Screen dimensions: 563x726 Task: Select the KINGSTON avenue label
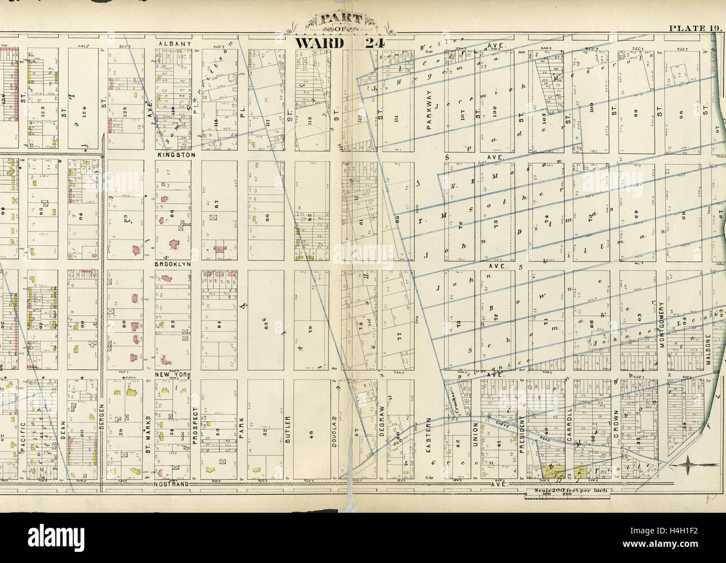pyautogui.click(x=175, y=154)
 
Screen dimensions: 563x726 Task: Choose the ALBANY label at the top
pyautogui.click(x=175, y=43)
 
